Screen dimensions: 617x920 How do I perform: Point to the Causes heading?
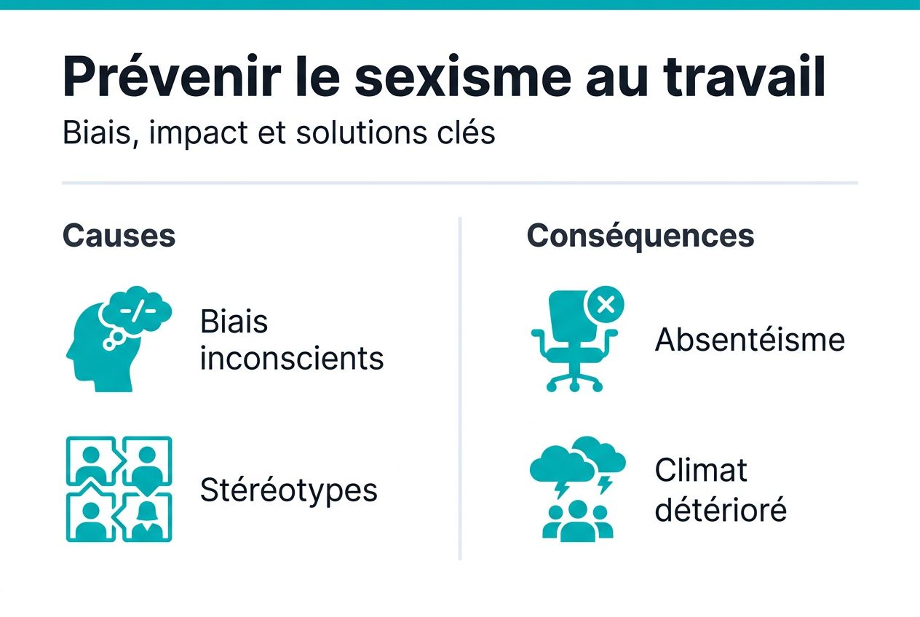point(119,236)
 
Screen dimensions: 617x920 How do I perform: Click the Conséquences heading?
point(641,236)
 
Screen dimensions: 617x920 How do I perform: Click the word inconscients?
point(292,358)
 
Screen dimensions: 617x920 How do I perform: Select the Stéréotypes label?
point(289,490)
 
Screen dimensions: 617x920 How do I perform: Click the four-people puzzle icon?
point(119,489)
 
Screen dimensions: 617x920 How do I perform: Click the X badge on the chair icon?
point(605,306)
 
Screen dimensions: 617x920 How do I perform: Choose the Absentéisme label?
point(750,340)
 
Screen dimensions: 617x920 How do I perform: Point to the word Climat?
point(701,470)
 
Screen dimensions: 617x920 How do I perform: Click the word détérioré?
point(721,509)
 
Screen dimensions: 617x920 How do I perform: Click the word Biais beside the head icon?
point(234,321)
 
